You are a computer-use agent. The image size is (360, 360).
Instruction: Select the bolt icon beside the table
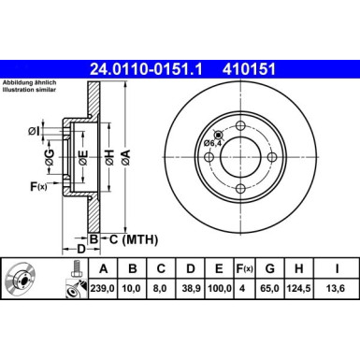71,280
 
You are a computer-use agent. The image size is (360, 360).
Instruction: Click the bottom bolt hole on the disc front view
241,190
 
